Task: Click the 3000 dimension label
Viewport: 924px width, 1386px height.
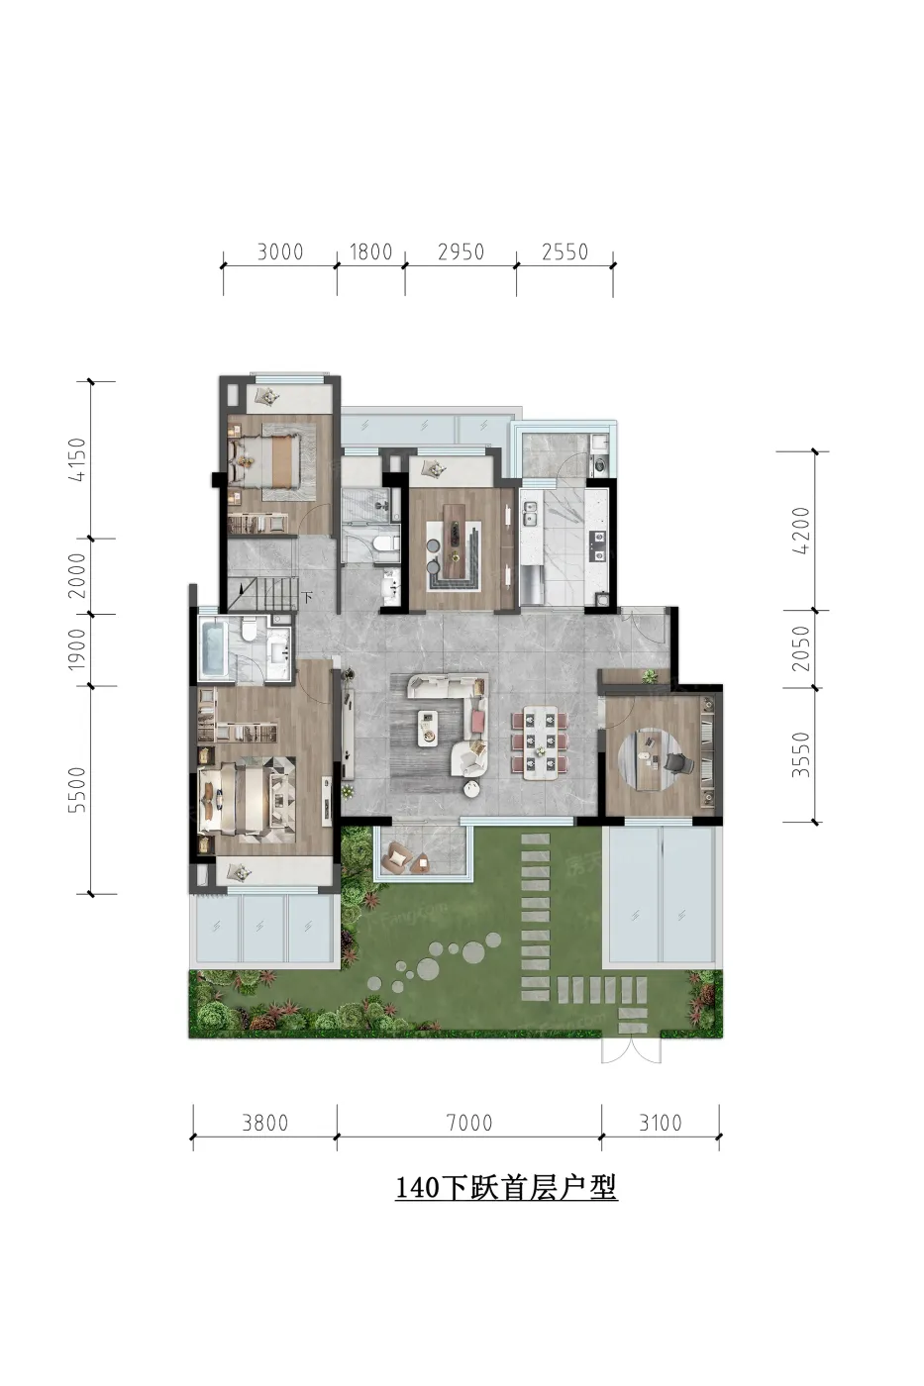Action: coord(279,251)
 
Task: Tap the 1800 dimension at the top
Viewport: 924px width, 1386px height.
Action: coord(370,251)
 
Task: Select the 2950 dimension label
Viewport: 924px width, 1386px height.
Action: coord(461,251)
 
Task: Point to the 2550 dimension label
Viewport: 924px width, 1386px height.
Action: coord(565,251)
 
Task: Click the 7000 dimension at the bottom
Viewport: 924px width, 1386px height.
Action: coord(469,1123)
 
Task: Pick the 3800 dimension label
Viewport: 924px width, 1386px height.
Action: coord(264,1123)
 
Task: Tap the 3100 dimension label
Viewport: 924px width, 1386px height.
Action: coord(661,1123)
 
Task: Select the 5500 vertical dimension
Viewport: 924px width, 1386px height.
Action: coord(77,790)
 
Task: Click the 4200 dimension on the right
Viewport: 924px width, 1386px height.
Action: coord(800,531)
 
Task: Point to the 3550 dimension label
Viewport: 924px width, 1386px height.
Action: coord(800,754)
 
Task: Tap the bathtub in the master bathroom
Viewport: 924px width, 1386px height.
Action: coord(214,647)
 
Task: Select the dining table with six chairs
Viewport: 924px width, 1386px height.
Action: coord(540,744)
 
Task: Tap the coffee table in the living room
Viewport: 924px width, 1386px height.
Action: coord(428,725)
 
